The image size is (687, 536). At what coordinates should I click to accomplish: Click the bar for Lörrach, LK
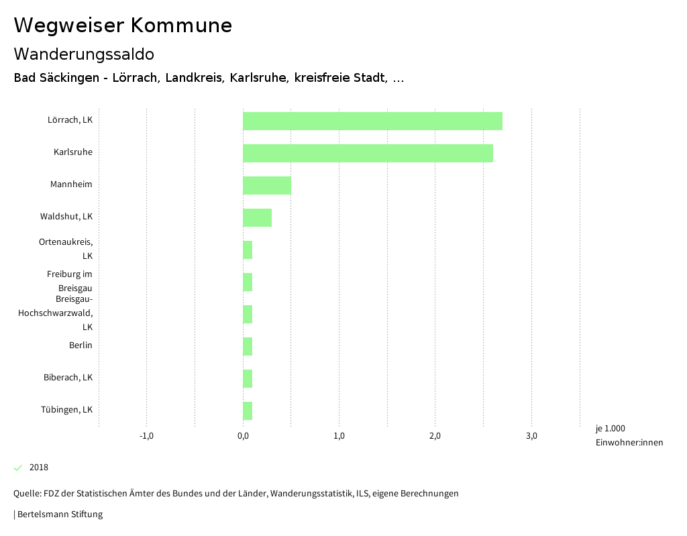[x=372, y=121]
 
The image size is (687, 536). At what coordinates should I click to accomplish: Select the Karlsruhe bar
[x=368, y=153]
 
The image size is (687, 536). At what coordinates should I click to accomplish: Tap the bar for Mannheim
[x=266, y=185]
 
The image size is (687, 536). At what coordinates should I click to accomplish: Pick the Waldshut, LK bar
[x=257, y=217]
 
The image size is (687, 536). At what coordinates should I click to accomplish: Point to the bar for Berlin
[x=248, y=346]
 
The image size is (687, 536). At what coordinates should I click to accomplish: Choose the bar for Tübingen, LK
[x=248, y=411]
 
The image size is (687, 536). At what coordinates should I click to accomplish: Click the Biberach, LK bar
[x=248, y=378]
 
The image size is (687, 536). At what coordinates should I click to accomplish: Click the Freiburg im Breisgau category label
[x=70, y=281]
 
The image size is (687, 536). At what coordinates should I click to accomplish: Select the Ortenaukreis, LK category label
[x=66, y=248]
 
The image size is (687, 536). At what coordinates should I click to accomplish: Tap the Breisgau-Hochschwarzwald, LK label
[x=56, y=313]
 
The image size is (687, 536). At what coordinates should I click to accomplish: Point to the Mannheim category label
[x=71, y=184]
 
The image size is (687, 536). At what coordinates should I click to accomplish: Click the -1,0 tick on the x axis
[x=146, y=436]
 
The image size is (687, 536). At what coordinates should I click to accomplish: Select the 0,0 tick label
[x=243, y=436]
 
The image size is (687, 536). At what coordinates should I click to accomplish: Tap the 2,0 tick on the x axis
[x=435, y=436]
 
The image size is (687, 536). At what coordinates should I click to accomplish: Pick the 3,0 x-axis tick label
[x=531, y=436]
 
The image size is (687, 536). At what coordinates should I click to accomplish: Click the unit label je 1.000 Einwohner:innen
[x=629, y=435]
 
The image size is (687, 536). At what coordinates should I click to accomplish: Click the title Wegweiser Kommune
[x=123, y=25]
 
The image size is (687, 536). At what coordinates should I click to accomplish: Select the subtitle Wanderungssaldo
[x=84, y=54]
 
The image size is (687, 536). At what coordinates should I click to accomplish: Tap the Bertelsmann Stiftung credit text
[x=59, y=515]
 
